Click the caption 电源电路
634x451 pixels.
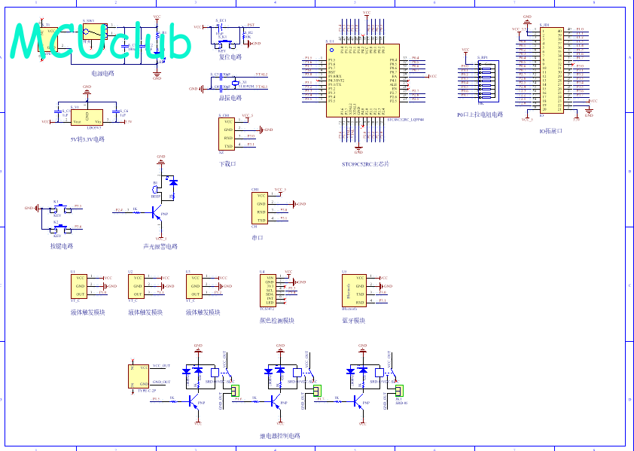[x=102, y=74]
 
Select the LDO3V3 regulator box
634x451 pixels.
[x=87, y=117]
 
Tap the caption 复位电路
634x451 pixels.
[x=230, y=56]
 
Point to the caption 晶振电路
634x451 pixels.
[x=230, y=98]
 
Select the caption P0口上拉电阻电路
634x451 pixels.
[x=480, y=114]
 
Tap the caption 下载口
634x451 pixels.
[x=227, y=163]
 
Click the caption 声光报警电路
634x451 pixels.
[x=160, y=246]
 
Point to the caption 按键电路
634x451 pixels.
[x=62, y=246]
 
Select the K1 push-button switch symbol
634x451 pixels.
[x=57, y=209]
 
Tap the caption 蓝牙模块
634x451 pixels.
[x=353, y=320]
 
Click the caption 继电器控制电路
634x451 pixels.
[x=279, y=436]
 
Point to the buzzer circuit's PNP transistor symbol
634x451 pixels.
[x=157, y=214]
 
